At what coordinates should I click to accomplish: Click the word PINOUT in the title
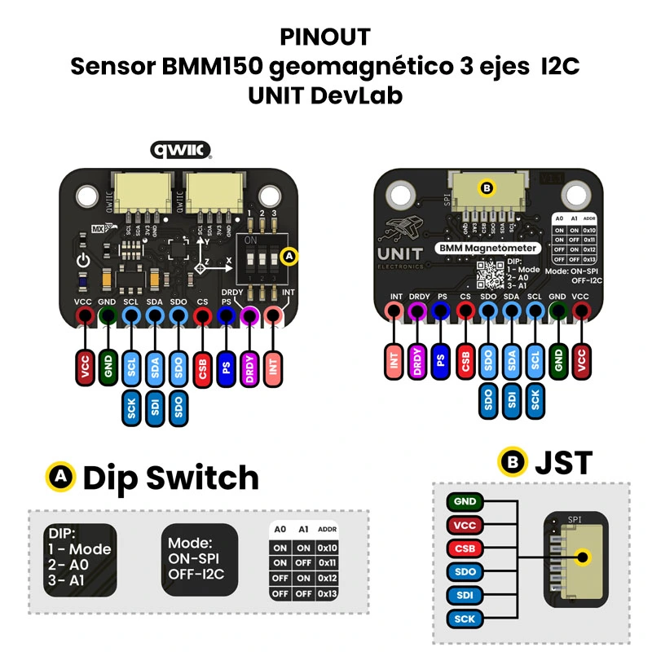click(x=325, y=37)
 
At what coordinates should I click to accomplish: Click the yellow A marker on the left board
click(x=289, y=256)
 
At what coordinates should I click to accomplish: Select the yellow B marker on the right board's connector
click(x=487, y=188)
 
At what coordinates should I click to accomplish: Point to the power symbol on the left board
click(x=81, y=262)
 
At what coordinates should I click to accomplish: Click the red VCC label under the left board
click(x=84, y=367)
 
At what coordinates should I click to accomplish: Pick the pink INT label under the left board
click(x=274, y=367)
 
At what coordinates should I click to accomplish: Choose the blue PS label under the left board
click(x=227, y=367)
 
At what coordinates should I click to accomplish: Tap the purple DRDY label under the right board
click(x=418, y=359)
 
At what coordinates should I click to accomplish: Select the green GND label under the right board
click(x=557, y=359)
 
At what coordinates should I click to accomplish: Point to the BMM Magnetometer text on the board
click(x=487, y=247)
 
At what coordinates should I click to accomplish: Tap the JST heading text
click(x=563, y=463)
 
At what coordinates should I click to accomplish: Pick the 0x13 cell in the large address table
click(x=328, y=593)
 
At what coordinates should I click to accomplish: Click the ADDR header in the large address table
click(x=328, y=529)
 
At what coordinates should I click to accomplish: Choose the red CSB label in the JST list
click(x=465, y=548)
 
